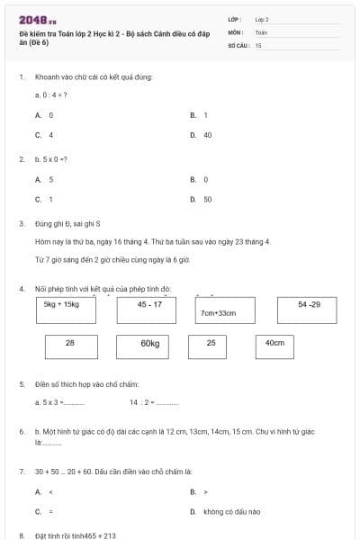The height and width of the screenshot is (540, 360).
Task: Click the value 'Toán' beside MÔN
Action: (x=261, y=31)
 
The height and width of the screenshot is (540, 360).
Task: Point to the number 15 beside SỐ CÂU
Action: (x=258, y=44)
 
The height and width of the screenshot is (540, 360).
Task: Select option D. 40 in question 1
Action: (x=202, y=135)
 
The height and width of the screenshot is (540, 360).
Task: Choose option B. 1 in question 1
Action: (x=200, y=115)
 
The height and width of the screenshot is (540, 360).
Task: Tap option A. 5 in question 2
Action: (x=44, y=179)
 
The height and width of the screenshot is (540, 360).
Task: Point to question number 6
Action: (x=22, y=431)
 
